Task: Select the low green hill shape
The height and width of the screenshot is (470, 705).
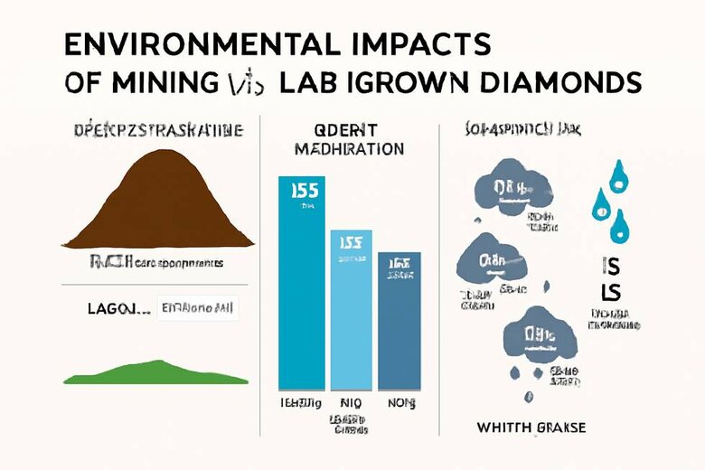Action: pyautogui.click(x=157, y=373)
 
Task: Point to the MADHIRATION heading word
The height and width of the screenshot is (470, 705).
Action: pyautogui.click(x=349, y=146)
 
